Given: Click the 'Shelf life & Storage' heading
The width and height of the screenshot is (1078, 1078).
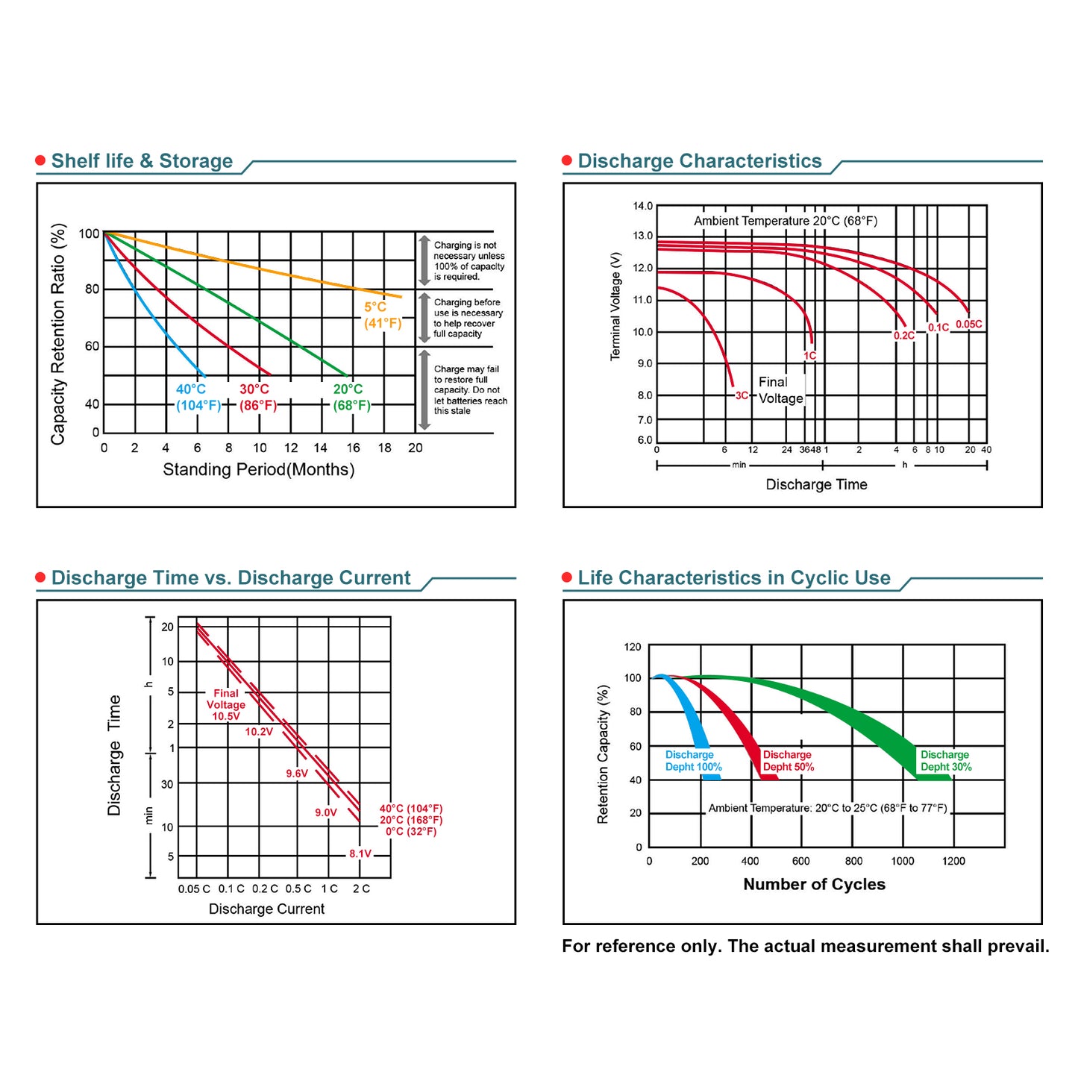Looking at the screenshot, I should pos(142,161).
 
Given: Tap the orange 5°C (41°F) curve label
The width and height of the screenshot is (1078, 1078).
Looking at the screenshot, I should pos(382,316).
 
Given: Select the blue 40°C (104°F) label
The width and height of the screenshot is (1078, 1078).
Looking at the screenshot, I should pos(198,398).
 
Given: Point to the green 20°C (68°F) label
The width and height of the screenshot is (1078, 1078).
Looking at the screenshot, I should pos(351,398).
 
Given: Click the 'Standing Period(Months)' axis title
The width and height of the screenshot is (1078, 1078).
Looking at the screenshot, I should pos(258,470).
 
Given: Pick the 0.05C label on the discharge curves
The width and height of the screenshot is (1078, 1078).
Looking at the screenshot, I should pos(968,325).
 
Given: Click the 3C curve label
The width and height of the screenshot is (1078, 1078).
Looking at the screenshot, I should pos(742,396).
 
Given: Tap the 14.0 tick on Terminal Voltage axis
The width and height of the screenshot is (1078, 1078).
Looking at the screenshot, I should pos(642,206).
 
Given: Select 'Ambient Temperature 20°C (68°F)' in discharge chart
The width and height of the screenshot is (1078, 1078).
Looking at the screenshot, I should pos(785,221).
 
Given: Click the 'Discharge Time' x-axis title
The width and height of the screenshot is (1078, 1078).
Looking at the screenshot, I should pos(816,485).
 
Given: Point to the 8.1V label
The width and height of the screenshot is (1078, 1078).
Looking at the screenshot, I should pos(360,854).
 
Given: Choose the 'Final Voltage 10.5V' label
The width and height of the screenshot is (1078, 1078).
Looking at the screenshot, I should pos(226,705).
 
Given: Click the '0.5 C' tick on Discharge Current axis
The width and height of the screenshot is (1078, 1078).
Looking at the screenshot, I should pos(298,889).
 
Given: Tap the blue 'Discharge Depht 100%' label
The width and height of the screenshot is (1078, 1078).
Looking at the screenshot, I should pos(693,761).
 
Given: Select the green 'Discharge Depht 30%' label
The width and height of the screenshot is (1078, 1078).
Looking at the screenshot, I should pos(945,761).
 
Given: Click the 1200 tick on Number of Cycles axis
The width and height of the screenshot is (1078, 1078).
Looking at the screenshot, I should pos(953,862).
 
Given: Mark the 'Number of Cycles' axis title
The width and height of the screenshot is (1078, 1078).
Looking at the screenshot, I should pos(814,885).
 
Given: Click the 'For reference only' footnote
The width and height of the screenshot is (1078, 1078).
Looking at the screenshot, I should pos(805,947).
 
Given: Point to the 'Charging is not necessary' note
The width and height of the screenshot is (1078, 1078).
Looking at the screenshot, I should pos(469,261).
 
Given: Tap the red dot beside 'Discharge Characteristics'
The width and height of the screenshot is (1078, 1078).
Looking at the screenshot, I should pos(567,161).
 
